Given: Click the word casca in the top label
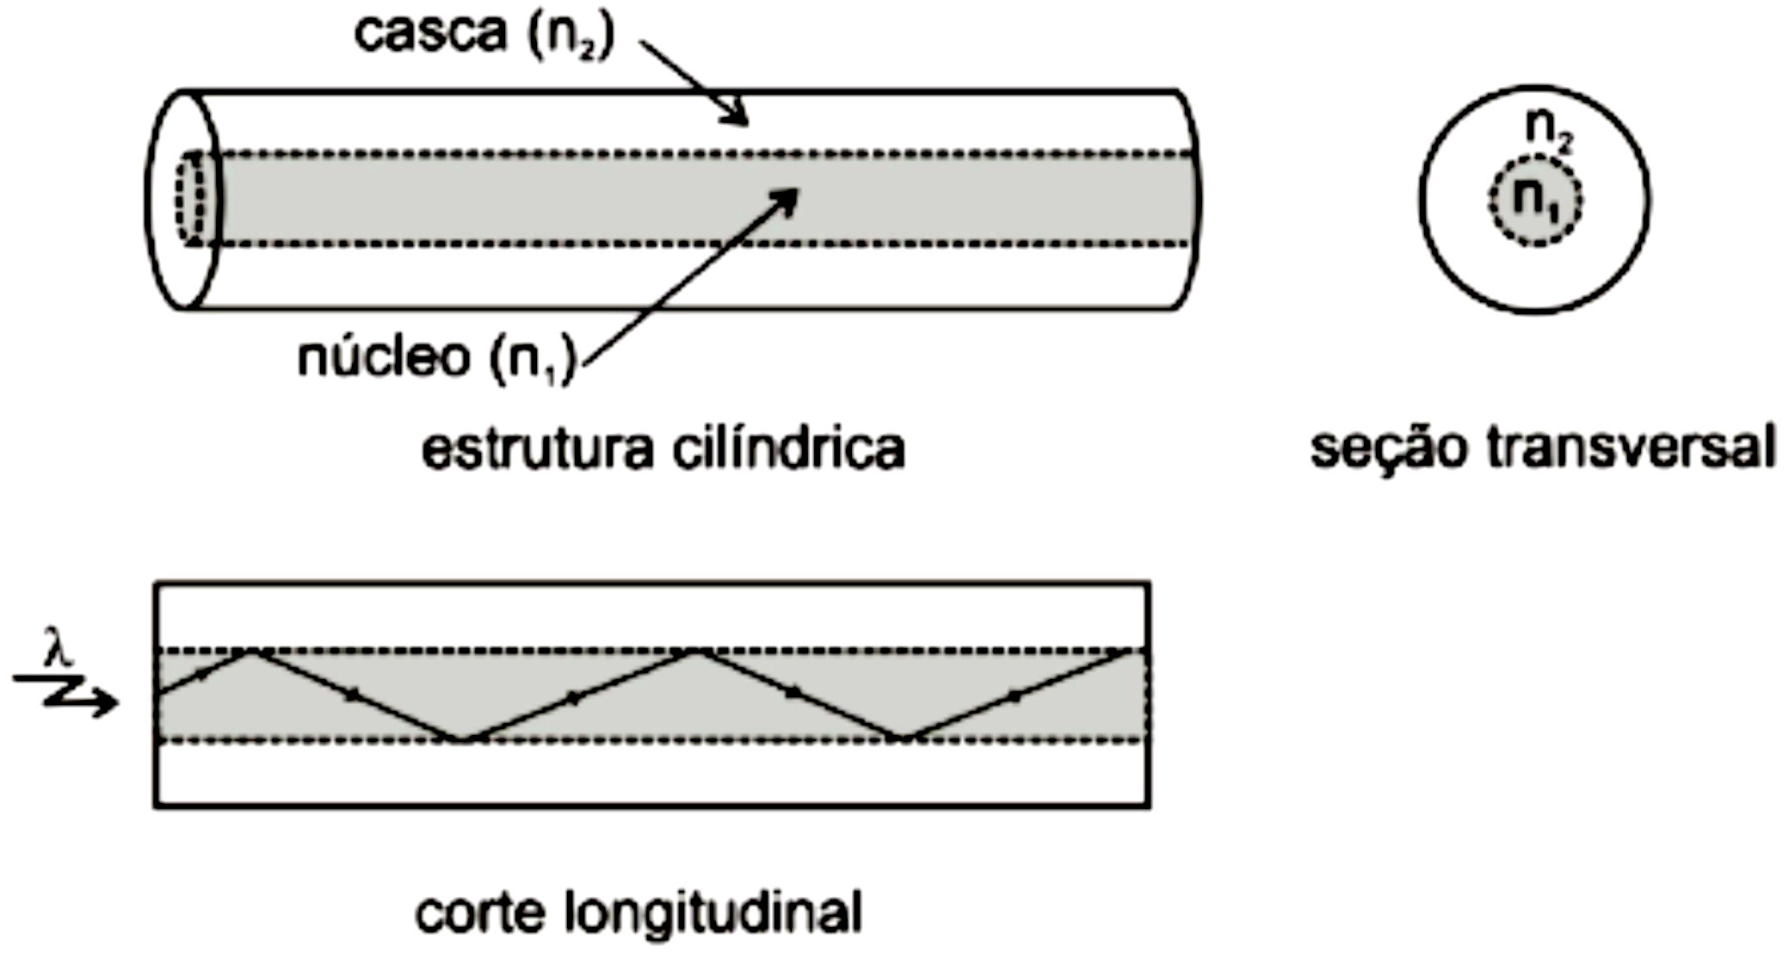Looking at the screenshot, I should pos(430,34).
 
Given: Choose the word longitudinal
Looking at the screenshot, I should pos(713,914).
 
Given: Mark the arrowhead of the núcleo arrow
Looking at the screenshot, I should pos(787,199).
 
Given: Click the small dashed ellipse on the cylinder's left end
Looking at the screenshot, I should pos(191,199).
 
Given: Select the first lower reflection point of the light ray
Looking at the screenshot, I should pos(462,739).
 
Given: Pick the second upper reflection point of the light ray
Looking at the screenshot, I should pos(697,652).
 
